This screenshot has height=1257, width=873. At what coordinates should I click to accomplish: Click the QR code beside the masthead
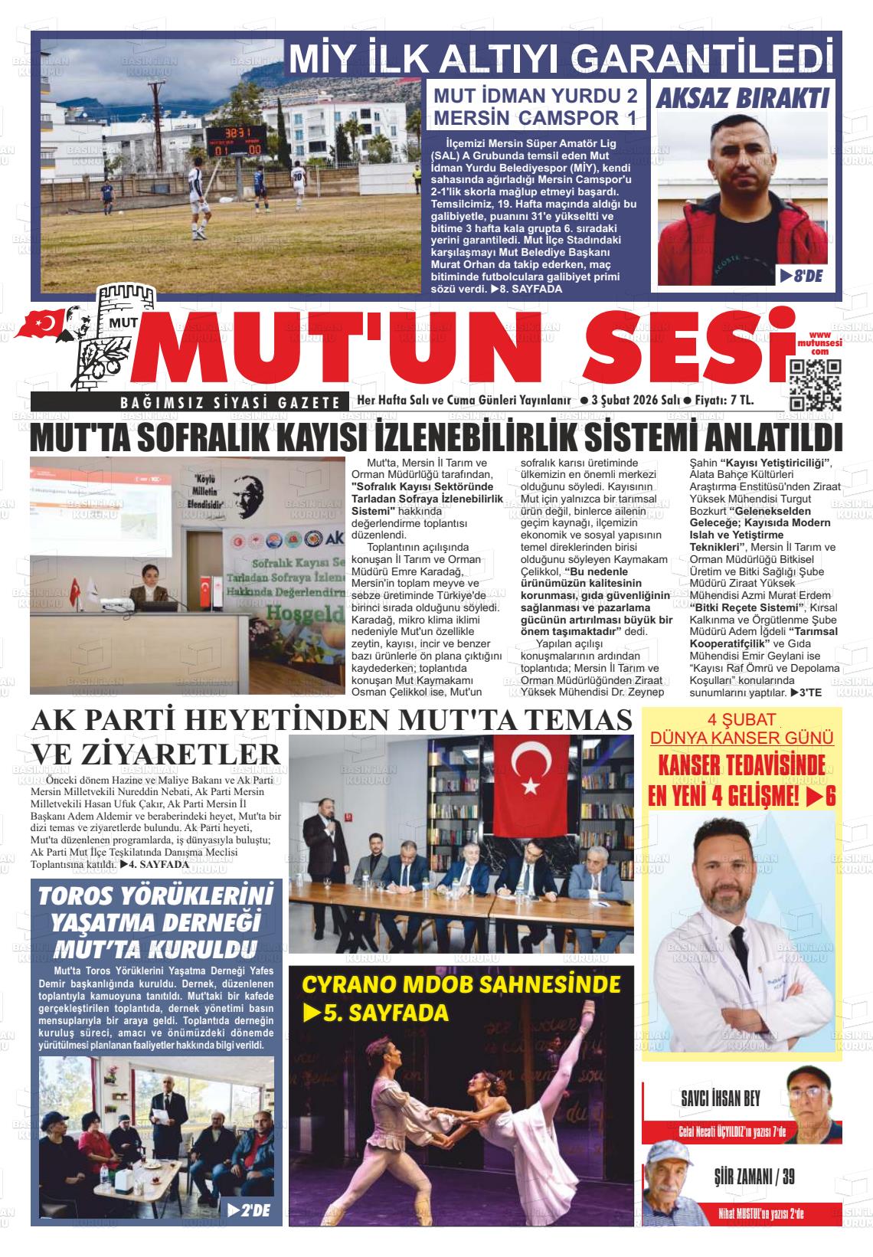pos(816,385)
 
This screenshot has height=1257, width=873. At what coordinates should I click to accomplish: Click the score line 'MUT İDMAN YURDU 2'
pos(536,97)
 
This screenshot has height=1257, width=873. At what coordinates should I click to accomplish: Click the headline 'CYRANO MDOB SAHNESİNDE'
pos(461,984)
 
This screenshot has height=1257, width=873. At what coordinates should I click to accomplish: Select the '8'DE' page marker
pos(801,276)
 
